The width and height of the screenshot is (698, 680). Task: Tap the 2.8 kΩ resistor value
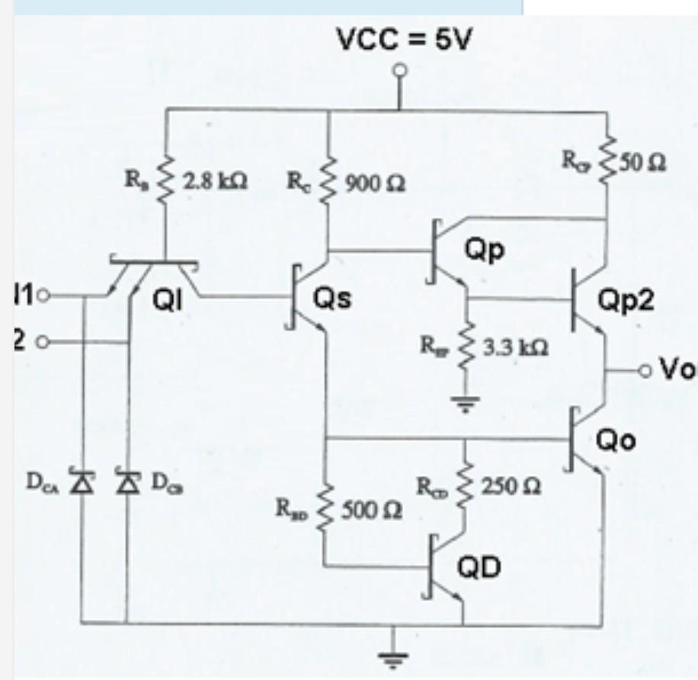221,183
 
